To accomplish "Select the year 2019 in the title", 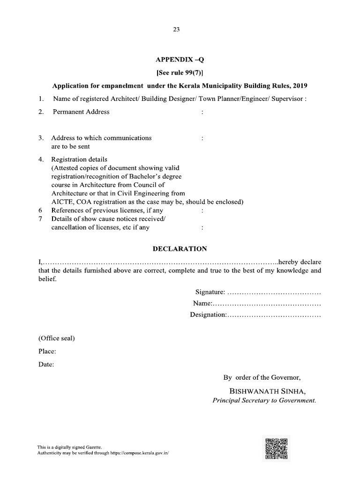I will tap(299, 86).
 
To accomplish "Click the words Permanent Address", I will tap(81, 112).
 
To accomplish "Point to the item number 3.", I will tap(41, 138).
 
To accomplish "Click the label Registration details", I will tap(79, 159).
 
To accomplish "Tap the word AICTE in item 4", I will tap(62, 202).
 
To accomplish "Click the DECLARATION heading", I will tap(180, 248).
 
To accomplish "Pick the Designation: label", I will tap(208, 315).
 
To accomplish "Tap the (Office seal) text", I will tap(56, 338).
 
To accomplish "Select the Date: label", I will tap(46, 364).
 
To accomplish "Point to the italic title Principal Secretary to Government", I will tap(264, 401).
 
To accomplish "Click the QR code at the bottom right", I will tap(276, 449).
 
